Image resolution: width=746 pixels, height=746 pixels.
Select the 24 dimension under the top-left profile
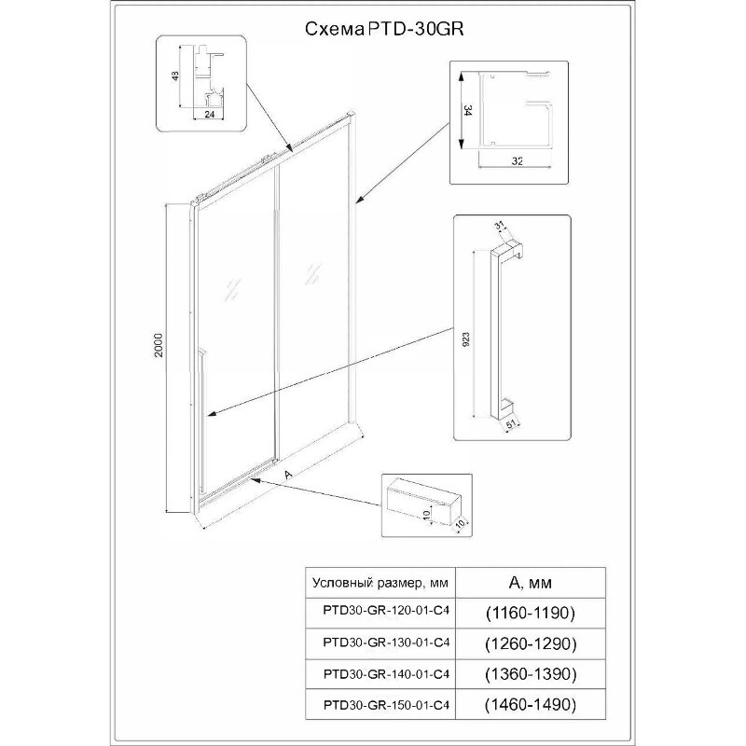[210, 114]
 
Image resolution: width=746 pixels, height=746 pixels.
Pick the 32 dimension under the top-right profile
[515, 159]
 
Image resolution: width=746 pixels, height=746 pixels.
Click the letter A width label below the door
[290, 474]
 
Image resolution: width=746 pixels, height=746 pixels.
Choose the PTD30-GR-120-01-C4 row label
[380, 614]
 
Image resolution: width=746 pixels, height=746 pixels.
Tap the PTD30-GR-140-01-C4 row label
[380, 673]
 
